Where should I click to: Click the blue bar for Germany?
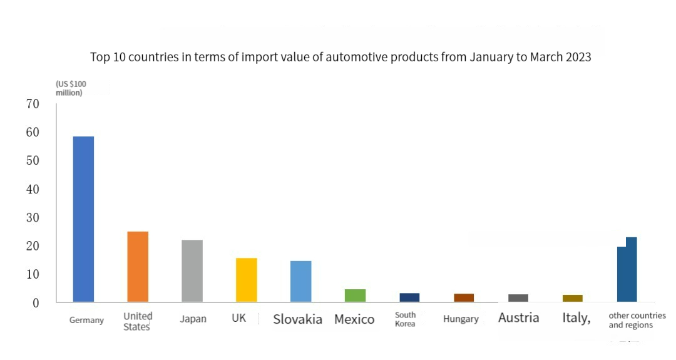(x=83, y=219)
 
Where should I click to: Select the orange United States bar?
(x=138, y=267)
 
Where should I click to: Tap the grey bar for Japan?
(x=192, y=271)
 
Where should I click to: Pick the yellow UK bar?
(x=246, y=280)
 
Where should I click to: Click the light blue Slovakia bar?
(x=300, y=282)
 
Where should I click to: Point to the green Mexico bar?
(x=355, y=296)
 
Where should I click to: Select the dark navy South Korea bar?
(x=409, y=297)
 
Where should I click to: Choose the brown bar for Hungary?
(x=464, y=298)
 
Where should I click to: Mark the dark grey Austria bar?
(x=518, y=298)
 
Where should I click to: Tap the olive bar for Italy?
(x=572, y=299)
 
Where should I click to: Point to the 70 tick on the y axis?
(x=33, y=104)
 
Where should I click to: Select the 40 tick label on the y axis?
(x=33, y=189)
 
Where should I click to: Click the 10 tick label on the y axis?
(x=33, y=274)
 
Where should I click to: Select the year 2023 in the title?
(x=577, y=57)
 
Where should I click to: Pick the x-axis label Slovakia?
(x=297, y=319)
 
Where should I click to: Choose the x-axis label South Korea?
(x=405, y=319)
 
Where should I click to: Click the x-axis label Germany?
(x=86, y=320)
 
